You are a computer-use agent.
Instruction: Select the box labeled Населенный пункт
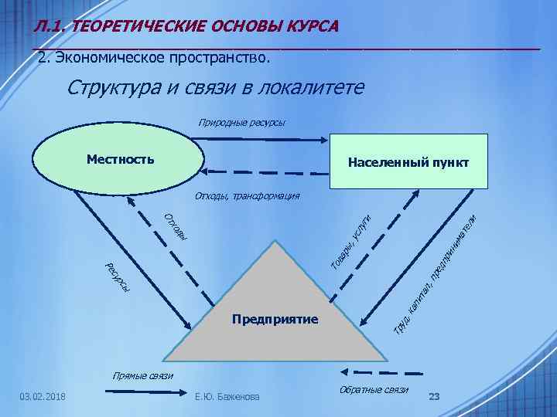pyautogui.click(x=408, y=162)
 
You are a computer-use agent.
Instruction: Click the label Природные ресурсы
pyautogui.click(x=241, y=123)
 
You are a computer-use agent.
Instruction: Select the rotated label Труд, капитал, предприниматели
pyautogui.click(x=439, y=274)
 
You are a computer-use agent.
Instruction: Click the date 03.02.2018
pyautogui.click(x=43, y=397)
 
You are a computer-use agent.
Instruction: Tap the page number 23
pyautogui.click(x=434, y=397)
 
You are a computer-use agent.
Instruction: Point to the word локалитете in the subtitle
pyautogui.click(x=313, y=87)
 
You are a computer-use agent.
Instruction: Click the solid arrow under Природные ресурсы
pyautogui.click(x=259, y=140)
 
